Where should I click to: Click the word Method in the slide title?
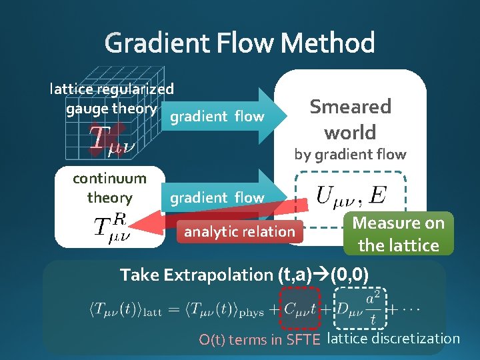(x=327, y=44)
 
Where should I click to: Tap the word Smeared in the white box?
(x=350, y=107)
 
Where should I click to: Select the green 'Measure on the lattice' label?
(x=398, y=233)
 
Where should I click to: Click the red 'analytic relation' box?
(x=239, y=232)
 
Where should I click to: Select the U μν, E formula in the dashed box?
(x=350, y=195)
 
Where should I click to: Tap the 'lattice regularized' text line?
(x=112, y=89)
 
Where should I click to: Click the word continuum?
(x=109, y=179)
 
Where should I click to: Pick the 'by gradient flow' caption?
(x=350, y=155)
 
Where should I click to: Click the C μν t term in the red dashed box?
(x=304, y=309)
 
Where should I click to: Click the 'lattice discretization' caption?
(x=394, y=339)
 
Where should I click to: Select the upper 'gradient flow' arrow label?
(x=217, y=117)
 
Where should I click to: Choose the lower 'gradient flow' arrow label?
(x=217, y=198)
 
